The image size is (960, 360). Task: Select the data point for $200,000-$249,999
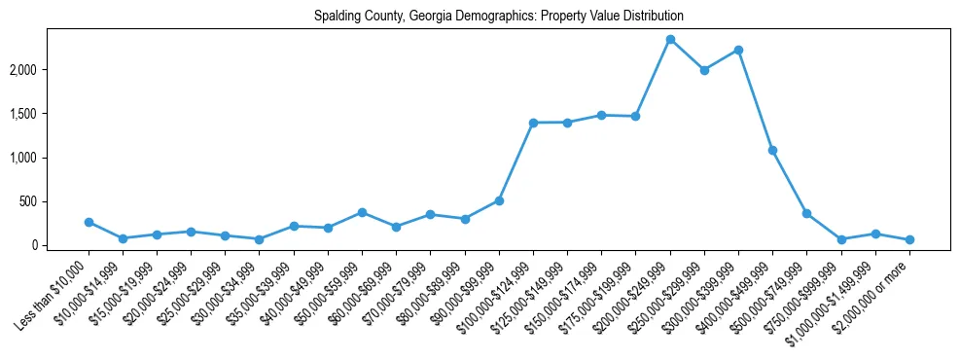(670, 39)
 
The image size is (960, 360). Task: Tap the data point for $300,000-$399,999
(738, 50)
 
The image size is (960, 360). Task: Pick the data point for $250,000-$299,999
(704, 70)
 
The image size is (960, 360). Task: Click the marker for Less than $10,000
(89, 222)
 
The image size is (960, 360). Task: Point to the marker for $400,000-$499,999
(772, 150)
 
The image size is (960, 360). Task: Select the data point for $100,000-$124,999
(533, 123)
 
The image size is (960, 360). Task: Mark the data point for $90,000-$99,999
(499, 200)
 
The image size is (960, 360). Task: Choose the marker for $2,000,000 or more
(909, 239)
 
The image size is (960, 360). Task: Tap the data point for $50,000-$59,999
(362, 212)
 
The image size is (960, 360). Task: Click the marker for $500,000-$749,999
(806, 213)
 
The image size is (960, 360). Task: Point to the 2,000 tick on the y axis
(50, 70)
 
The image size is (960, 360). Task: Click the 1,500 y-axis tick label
(50, 114)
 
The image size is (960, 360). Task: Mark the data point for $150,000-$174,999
(601, 115)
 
